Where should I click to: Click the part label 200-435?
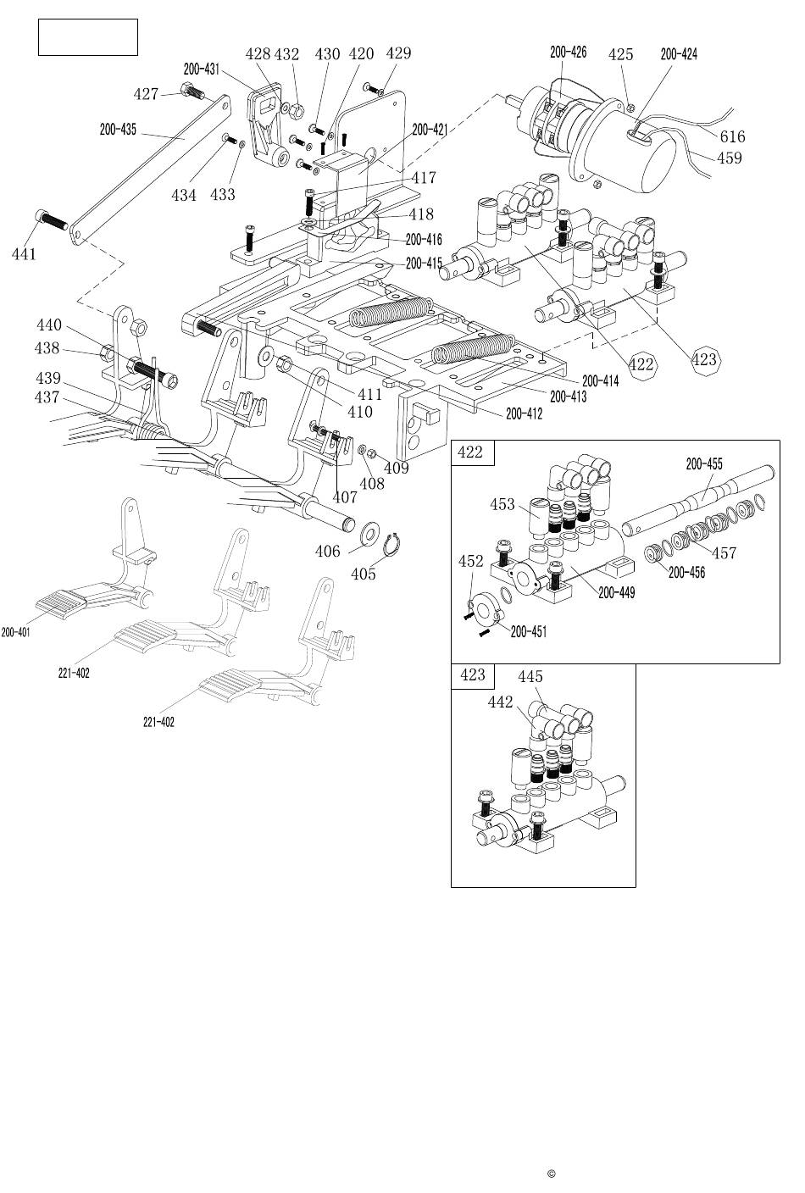click(x=118, y=130)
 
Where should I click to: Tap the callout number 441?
click(x=24, y=253)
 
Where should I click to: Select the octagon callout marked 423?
click(x=704, y=359)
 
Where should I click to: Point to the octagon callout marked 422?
click(x=643, y=364)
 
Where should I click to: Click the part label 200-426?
click(x=568, y=53)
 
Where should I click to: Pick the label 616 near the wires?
click(x=732, y=136)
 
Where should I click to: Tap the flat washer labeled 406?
click(x=370, y=535)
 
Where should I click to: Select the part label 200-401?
click(x=15, y=632)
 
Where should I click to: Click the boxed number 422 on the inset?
click(x=470, y=452)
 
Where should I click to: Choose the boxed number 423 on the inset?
click(x=472, y=675)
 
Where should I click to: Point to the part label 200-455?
click(x=704, y=463)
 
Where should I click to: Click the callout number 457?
click(x=724, y=553)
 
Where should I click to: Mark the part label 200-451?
click(x=529, y=631)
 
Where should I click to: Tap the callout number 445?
click(x=530, y=677)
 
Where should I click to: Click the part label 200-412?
click(x=524, y=413)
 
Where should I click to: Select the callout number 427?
click(x=146, y=94)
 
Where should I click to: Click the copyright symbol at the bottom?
click(x=551, y=1174)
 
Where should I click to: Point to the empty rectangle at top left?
click(x=88, y=37)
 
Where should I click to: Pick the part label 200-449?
click(x=617, y=593)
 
